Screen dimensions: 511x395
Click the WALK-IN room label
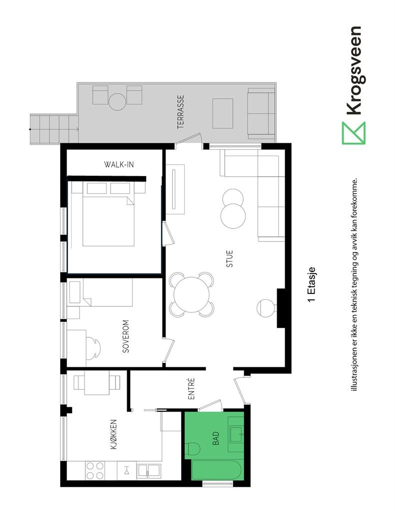(x=118, y=164)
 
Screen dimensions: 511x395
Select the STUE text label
(x=229, y=259)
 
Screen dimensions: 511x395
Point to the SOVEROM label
(x=126, y=337)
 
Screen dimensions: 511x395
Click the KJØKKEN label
(x=114, y=434)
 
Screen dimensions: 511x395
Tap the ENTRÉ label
(x=191, y=389)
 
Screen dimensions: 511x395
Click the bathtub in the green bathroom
(x=217, y=472)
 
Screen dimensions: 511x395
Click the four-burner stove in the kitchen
(x=94, y=471)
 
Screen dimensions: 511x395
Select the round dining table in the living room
(x=192, y=294)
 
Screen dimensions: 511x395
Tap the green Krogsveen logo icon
(x=354, y=133)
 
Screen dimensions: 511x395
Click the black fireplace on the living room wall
(x=282, y=308)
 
